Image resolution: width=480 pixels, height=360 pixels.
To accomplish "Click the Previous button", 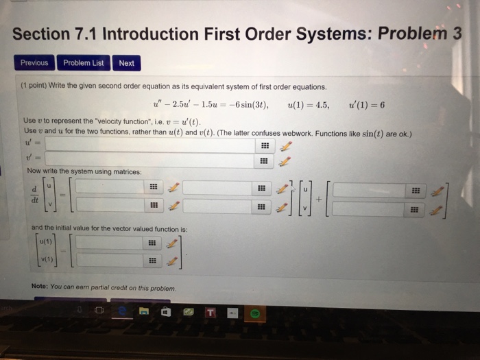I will [34, 63].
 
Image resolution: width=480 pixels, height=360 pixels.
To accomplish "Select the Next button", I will [126, 63].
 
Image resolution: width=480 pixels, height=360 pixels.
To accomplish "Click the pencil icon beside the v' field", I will [287, 161].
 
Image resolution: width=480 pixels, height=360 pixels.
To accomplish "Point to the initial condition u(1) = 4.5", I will [309, 106].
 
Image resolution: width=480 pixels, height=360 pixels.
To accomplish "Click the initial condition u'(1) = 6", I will [367, 106].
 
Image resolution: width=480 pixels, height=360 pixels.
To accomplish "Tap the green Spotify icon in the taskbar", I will [254, 313].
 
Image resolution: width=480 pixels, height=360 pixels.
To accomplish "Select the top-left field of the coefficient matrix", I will [110, 187].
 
